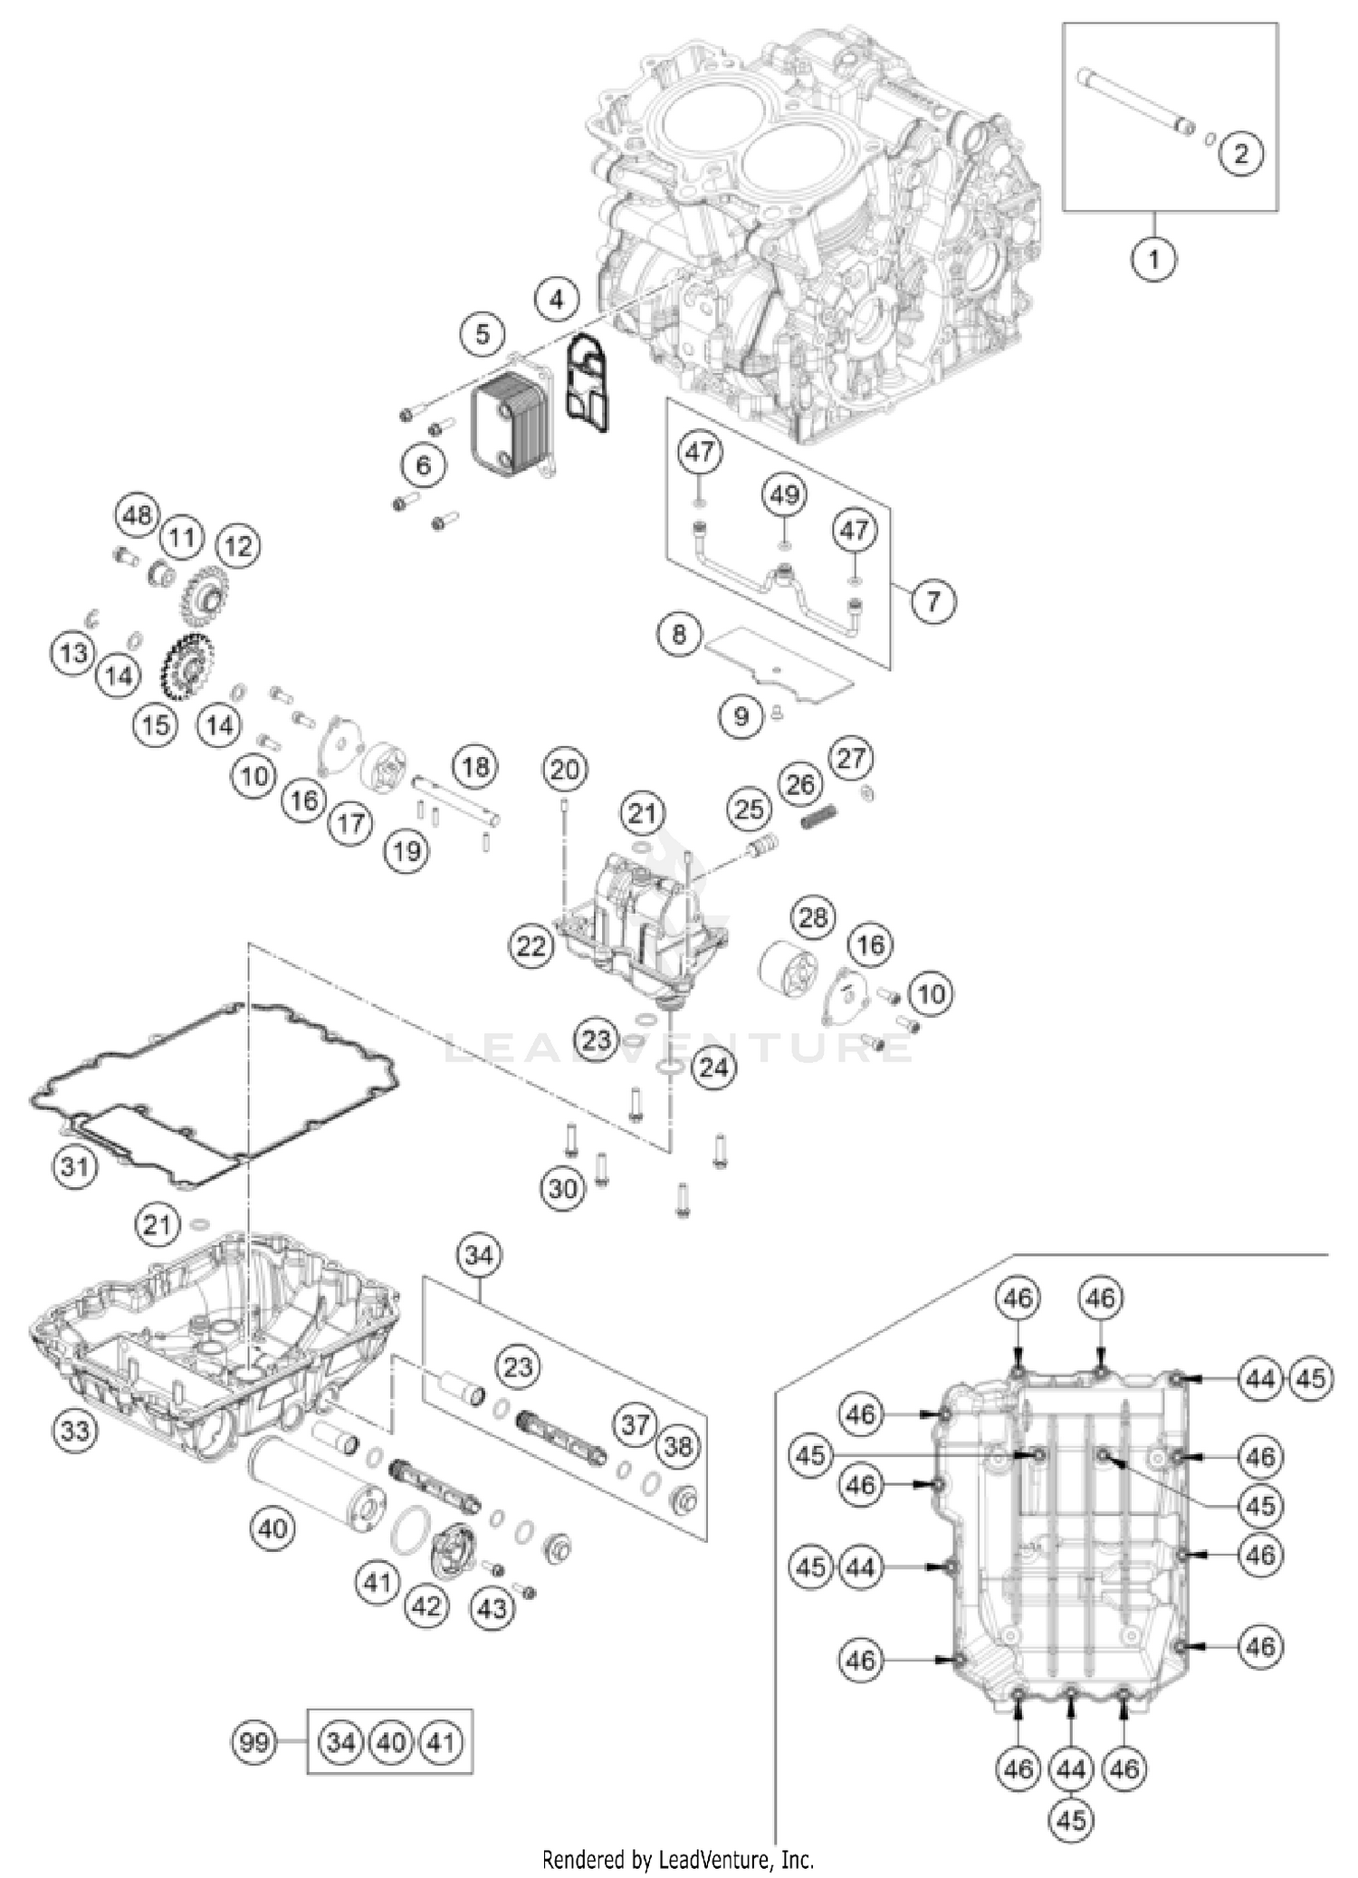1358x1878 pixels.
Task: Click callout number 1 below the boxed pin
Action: tap(1153, 260)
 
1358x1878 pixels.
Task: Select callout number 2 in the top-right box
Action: tap(1240, 153)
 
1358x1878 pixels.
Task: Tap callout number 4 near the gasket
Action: tap(557, 298)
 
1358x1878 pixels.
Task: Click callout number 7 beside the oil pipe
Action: tap(932, 599)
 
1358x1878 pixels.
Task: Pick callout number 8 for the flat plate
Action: tap(680, 634)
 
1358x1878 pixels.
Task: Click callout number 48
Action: tap(138, 516)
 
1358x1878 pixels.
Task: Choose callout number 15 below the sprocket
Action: tap(155, 724)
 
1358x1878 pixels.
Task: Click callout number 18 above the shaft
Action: tap(475, 768)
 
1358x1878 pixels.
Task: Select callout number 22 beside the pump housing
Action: tap(531, 946)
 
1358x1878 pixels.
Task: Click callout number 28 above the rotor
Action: tap(813, 918)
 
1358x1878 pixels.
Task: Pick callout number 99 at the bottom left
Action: tap(254, 1741)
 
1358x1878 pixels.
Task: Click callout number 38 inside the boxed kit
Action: tap(678, 1446)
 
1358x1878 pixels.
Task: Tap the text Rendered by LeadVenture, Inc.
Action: tap(678, 1860)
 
